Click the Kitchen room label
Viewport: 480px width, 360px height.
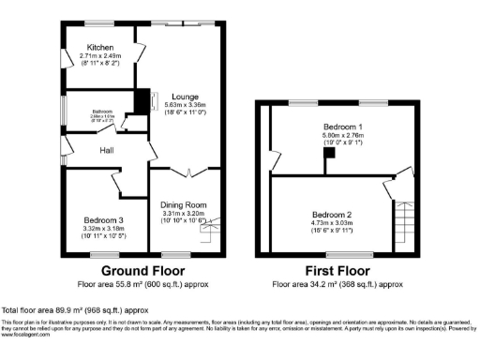pos(100,47)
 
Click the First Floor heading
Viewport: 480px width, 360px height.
pos(337,269)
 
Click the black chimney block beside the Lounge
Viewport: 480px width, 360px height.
pos(142,101)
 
